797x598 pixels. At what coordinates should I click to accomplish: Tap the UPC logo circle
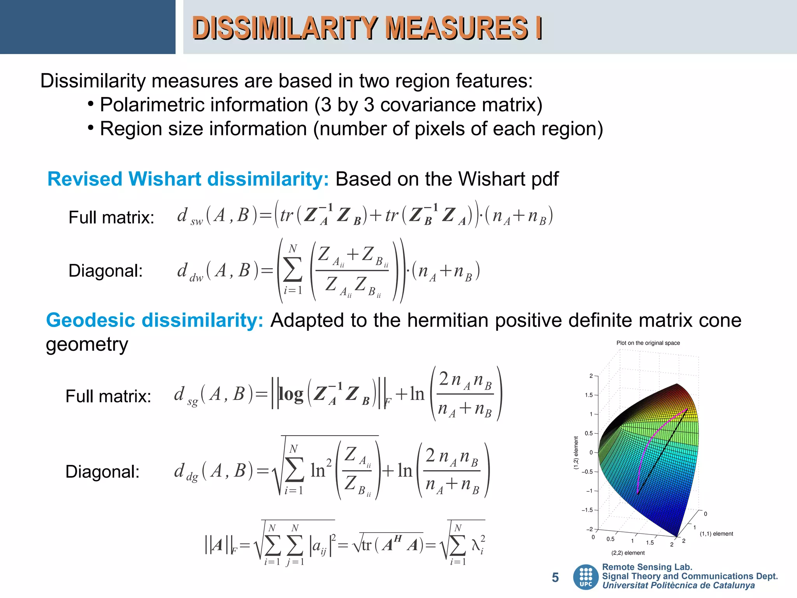pyautogui.click(x=586, y=577)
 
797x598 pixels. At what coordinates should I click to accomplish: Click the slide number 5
pyautogui.click(x=555, y=577)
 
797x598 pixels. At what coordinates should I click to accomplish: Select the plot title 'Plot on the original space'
pyautogui.click(x=648, y=343)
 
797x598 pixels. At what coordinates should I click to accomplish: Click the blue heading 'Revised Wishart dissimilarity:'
pyautogui.click(x=188, y=179)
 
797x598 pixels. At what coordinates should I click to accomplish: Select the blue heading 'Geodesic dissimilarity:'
pyautogui.click(x=155, y=320)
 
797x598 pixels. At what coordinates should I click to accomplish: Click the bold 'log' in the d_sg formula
pyautogui.click(x=291, y=394)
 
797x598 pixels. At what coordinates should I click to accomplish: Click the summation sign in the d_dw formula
pyautogui.click(x=293, y=269)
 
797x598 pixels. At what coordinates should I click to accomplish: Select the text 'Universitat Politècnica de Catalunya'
pyautogui.click(x=678, y=586)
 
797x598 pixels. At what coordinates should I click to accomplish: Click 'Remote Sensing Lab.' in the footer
pyautogui.click(x=647, y=567)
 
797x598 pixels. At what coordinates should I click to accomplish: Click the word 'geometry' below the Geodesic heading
pyautogui.click(x=87, y=345)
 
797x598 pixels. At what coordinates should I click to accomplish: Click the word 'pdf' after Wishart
pyautogui.click(x=544, y=179)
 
